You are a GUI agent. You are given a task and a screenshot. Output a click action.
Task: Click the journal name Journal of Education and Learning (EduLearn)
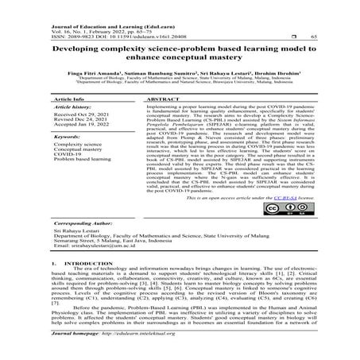103,7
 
